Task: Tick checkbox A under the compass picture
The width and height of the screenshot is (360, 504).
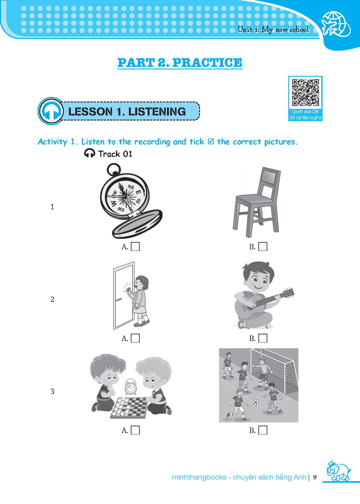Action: click(x=135, y=246)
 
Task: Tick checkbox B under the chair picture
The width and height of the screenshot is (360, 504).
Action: click(x=263, y=246)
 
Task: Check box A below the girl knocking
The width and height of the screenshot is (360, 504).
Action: click(x=135, y=338)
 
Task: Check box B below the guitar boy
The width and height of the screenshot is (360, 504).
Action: click(x=263, y=338)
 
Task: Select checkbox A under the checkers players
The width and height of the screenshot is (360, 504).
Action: click(x=135, y=430)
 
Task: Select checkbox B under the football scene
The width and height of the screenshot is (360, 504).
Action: click(x=263, y=430)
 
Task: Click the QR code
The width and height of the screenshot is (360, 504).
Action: click(x=305, y=93)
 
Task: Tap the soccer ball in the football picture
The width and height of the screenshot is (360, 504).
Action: click(x=256, y=402)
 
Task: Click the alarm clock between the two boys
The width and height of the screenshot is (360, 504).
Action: click(x=130, y=387)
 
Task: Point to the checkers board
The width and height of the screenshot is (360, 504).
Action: click(x=129, y=408)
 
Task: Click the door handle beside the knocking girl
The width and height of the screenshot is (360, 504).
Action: click(x=118, y=300)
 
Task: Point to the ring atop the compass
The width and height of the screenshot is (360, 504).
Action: click(x=114, y=169)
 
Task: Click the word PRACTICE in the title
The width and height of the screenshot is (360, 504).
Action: click(x=207, y=62)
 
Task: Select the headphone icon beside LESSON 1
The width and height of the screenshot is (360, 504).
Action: click(x=51, y=111)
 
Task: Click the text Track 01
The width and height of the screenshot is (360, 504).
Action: click(x=115, y=154)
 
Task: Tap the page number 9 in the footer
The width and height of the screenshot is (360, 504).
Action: click(x=315, y=477)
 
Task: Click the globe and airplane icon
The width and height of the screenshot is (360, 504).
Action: click(x=336, y=24)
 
